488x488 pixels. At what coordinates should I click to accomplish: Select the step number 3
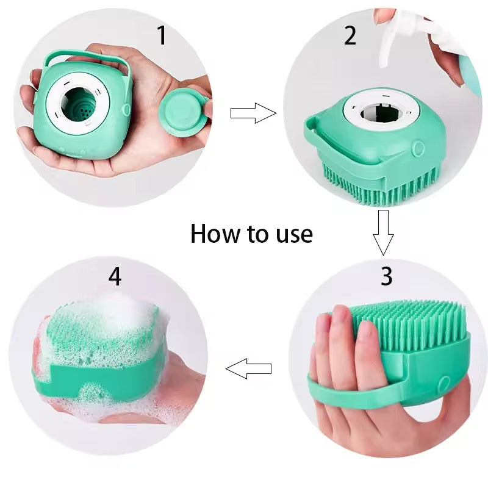click(386, 276)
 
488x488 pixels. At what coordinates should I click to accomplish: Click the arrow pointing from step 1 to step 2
click(253, 112)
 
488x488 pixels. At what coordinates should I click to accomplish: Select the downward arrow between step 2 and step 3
click(383, 232)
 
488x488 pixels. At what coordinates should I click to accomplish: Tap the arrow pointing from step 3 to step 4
click(248, 368)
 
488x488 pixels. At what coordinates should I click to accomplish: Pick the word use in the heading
click(289, 234)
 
